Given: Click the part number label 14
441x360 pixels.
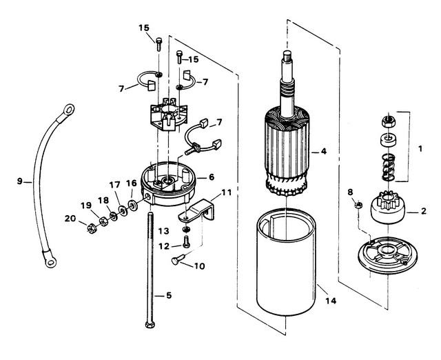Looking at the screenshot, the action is click(331, 301).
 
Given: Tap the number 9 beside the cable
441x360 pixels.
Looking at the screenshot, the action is click(19, 181).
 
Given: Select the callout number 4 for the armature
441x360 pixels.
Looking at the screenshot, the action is click(324, 152).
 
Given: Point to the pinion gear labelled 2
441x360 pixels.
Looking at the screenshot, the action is click(388, 207).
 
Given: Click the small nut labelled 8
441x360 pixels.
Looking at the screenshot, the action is click(358, 206).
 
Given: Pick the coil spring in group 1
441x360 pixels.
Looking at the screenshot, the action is click(388, 168).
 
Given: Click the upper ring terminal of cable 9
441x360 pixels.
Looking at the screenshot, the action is click(68, 110).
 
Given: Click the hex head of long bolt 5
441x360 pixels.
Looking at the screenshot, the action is click(150, 325).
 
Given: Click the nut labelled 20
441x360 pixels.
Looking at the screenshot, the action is click(92, 228).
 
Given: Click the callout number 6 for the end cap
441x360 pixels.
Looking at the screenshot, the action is click(212, 177).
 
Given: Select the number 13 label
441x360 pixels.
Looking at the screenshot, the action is click(163, 231).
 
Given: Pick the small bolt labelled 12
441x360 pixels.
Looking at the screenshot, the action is click(186, 242).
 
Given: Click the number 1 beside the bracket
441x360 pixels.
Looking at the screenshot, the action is click(420, 148).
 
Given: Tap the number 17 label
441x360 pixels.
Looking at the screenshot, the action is click(115, 185).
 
